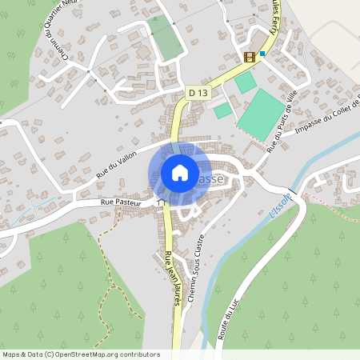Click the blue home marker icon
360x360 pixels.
(x=180, y=173)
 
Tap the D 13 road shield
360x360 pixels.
(x=198, y=94)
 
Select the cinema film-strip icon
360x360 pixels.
(x=250, y=56)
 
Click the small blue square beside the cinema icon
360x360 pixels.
(x=262, y=54)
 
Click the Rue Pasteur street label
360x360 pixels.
(x=120, y=203)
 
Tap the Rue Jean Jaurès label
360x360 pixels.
(x=170, y=272)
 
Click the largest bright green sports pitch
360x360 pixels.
(x=262, y=114)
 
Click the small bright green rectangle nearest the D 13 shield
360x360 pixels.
(x=222, y=110)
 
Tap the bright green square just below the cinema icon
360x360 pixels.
(x=246, y=82)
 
